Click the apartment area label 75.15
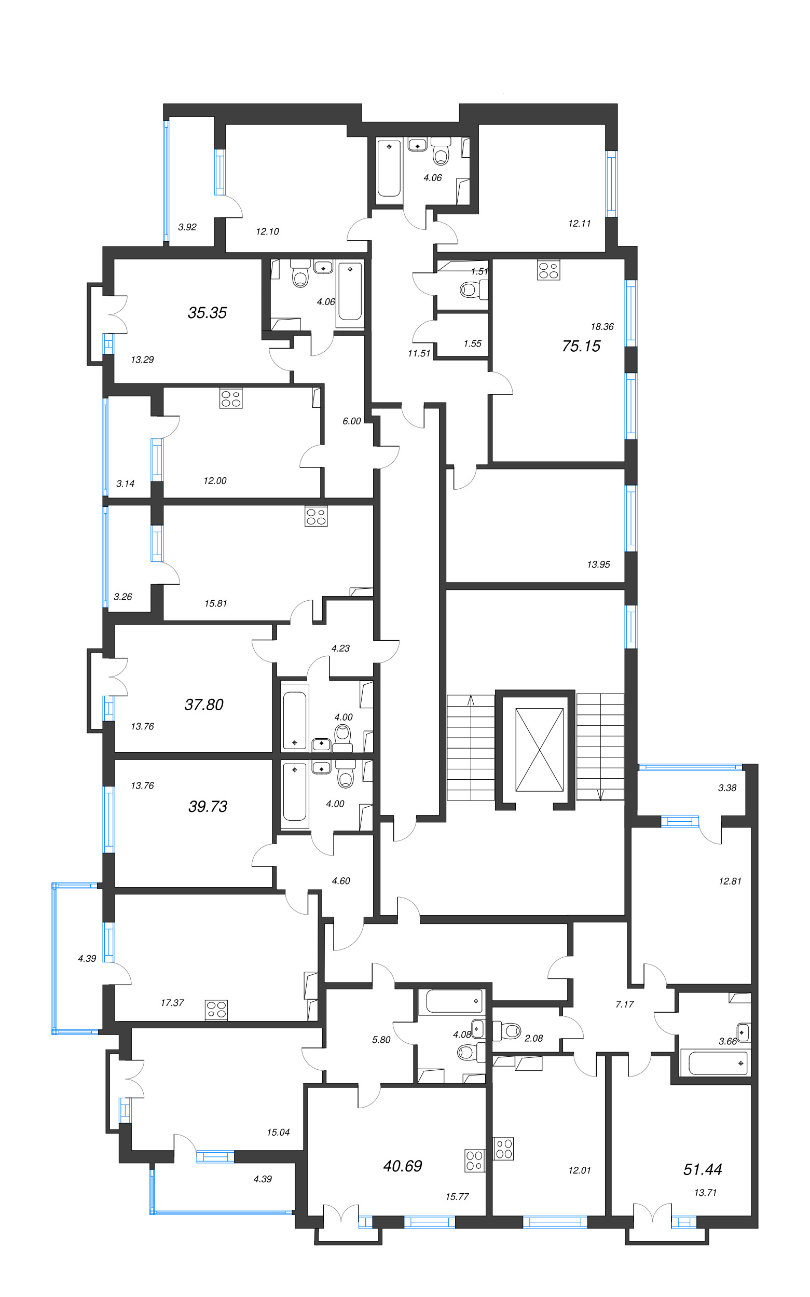pos(581,346)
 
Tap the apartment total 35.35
pos(208,313)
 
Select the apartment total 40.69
pos(402,1166)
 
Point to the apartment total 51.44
pos(702,1169)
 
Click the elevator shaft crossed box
pos(539,749)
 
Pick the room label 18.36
pos(602,327)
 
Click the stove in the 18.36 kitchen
pos(548,270)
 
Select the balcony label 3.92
pos(187,227)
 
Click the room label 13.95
pos(598,564)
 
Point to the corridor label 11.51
pos(419,353)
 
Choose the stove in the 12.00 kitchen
pos(230,398)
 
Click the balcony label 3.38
pos(727,788)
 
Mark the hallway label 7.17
pos(625,1004)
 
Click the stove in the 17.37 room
pos(216,1010)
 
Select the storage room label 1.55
pos(473,344)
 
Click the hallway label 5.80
pos(381,1040)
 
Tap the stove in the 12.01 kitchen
pos(503,1149)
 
